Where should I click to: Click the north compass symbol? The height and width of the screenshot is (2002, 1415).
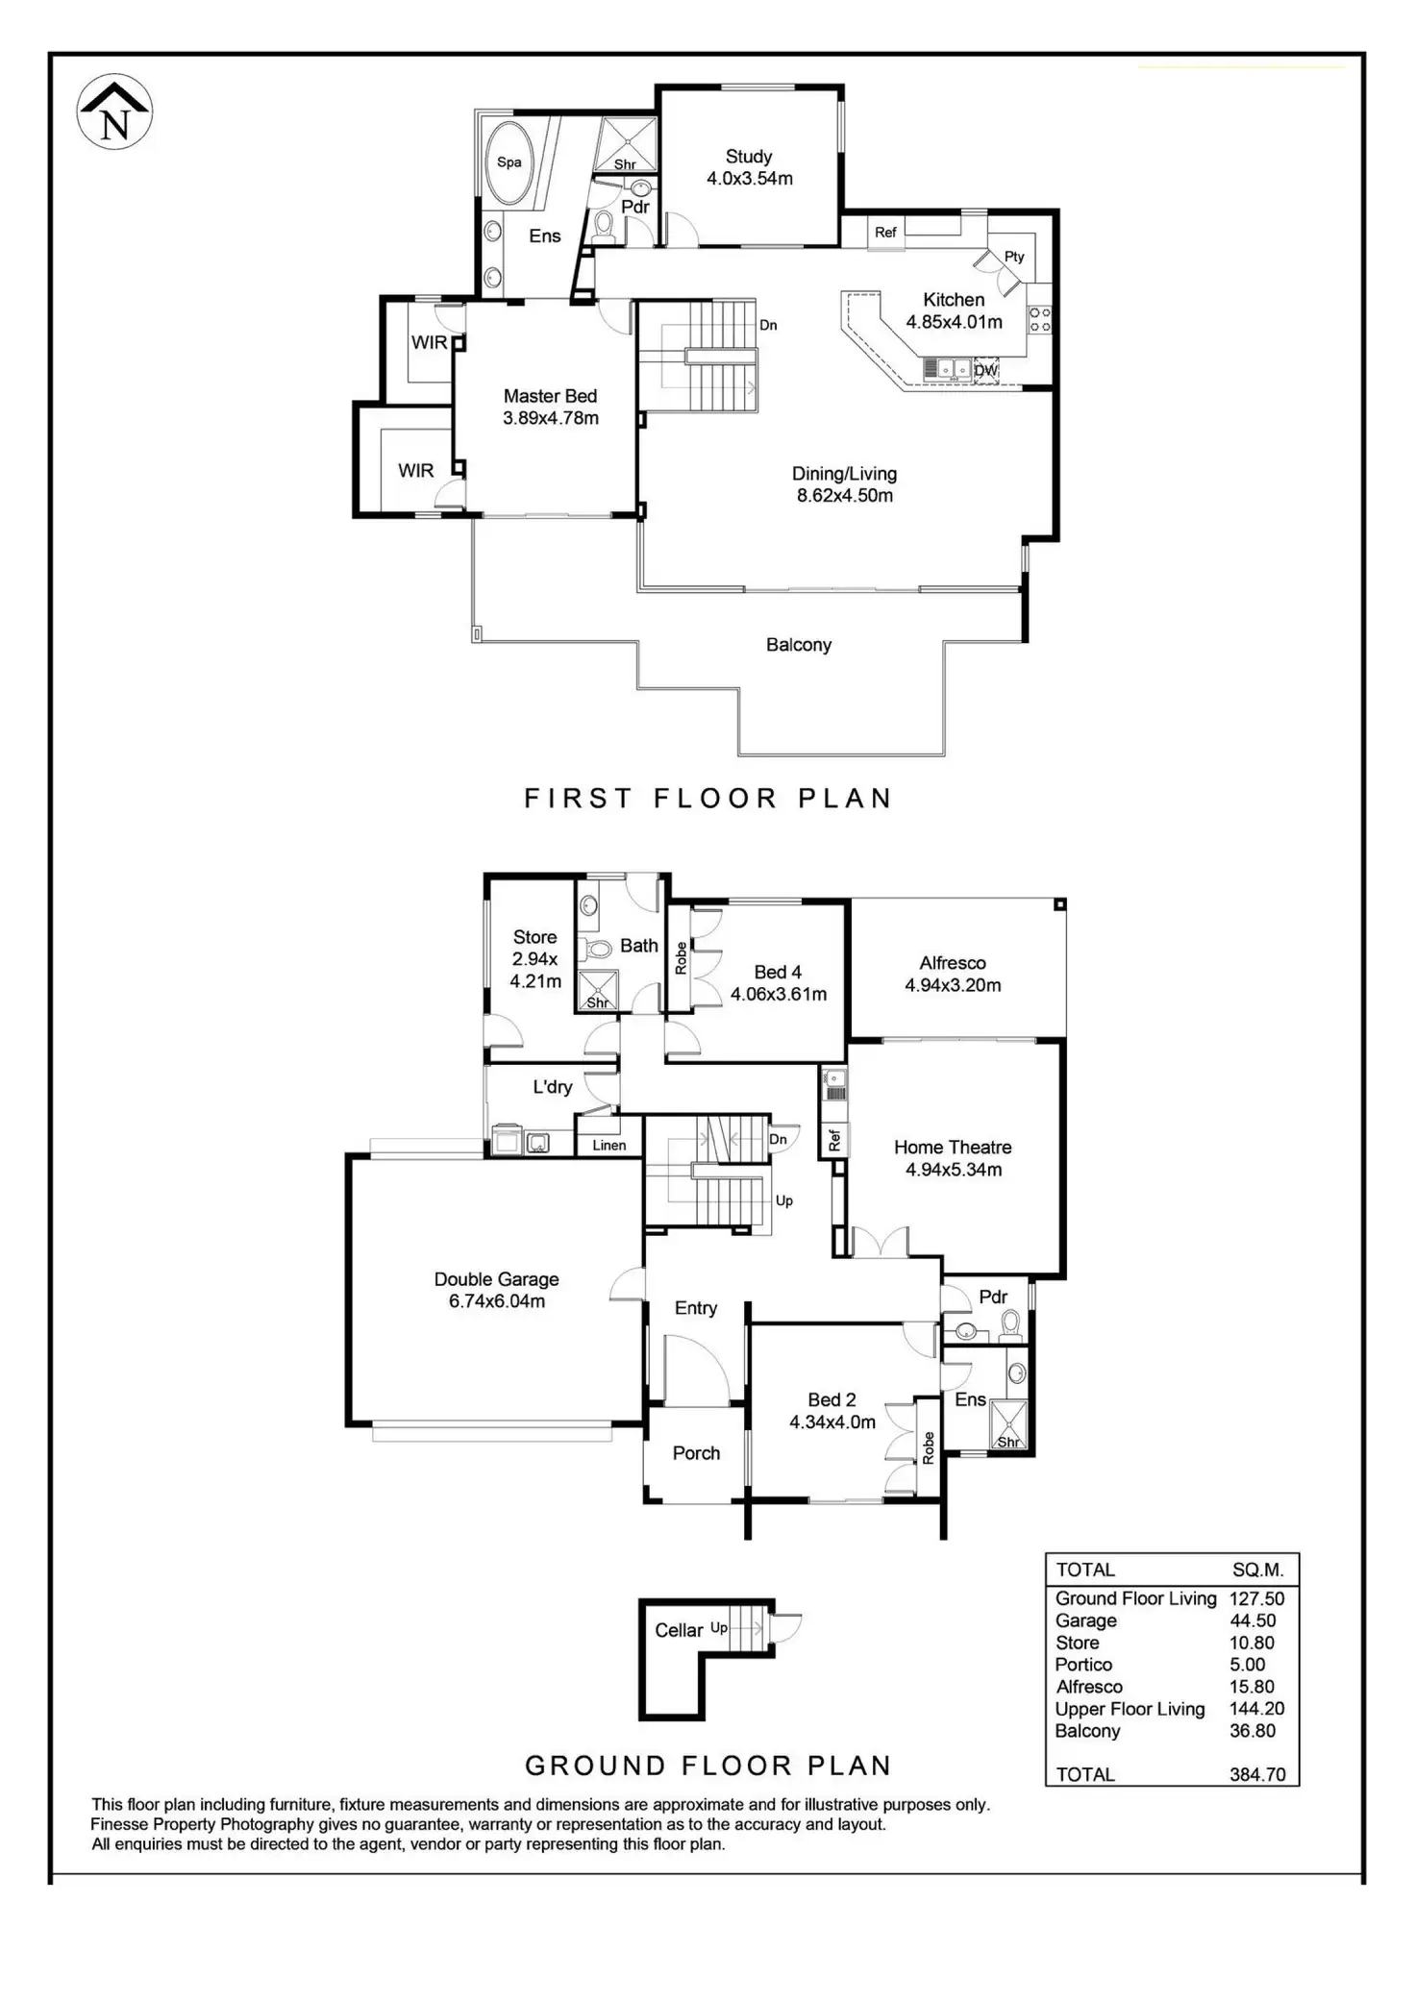[114, 111]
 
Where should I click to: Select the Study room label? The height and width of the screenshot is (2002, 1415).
[749, 156]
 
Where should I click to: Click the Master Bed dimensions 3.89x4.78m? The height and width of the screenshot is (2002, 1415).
[551, 418]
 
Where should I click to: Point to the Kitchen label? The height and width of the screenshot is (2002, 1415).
[954, 300]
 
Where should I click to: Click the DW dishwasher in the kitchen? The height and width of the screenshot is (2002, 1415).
[986, 370]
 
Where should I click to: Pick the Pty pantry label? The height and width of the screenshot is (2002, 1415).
[1014, 257]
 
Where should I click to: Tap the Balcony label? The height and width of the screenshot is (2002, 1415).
[799, 645]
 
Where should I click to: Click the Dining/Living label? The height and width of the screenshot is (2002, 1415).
[844, 474]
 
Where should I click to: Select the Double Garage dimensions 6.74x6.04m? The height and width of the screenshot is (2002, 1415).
[497, 1301]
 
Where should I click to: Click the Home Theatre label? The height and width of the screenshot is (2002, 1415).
[953, 1147]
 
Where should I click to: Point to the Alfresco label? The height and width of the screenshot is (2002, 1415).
[953, 963]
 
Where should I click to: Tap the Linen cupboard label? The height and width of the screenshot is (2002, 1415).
[609, 1145]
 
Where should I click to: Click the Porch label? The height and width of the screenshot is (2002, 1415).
[696, 1453]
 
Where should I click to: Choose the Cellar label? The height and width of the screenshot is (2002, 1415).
[679, 1630]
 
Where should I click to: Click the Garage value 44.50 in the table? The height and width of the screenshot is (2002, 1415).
[1253, 1620]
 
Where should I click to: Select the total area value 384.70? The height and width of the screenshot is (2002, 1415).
[1257, 1774]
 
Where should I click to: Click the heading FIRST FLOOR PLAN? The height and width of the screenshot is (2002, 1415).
[708, 799]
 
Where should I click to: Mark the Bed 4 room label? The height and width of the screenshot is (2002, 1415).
[778, 972]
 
